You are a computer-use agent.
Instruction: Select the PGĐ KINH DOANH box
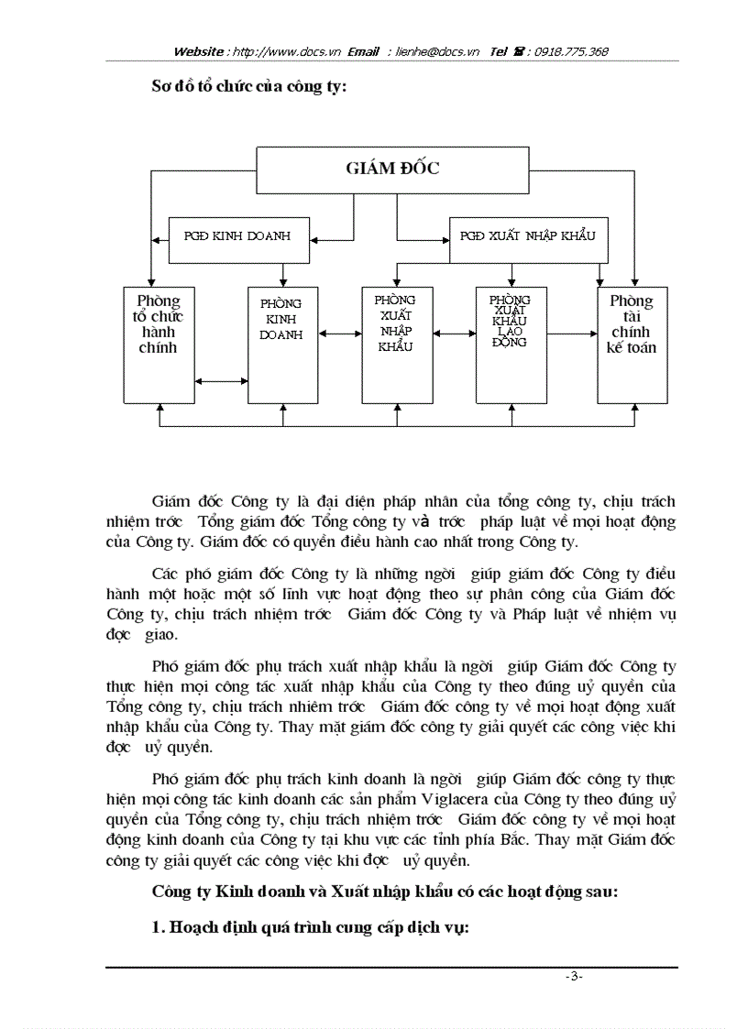[x=237, y=236]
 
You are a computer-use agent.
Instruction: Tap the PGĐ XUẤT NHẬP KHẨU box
[x=529, y=236]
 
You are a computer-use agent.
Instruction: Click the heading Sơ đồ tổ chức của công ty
[x=248, y=89]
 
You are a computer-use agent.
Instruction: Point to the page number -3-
[x=574, y=977]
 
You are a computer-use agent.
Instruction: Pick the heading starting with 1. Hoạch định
[x=310, y=927]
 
